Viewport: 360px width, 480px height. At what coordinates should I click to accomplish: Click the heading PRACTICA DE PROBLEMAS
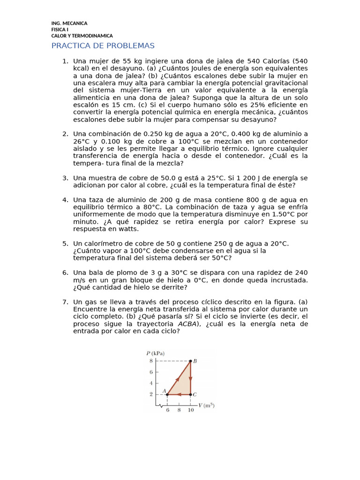tap(103, 45)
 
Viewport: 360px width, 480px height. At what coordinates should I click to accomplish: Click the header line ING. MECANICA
tap(69, 23)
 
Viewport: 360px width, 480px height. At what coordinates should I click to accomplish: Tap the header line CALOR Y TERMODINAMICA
tap(82, 36)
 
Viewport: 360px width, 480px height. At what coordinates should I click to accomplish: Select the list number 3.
tap(65, 178)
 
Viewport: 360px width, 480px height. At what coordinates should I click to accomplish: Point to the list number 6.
tap(65, 273)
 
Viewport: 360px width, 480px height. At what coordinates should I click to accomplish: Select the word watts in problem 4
tap(129, 229)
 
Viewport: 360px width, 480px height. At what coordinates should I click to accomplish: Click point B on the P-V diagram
tap(190, 361)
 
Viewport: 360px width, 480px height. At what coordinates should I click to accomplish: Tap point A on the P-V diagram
tap(167, 394)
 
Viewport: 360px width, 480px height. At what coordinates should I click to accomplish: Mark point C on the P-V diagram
tap(190, 394)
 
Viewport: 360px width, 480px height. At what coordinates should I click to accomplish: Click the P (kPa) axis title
tap(155, 353)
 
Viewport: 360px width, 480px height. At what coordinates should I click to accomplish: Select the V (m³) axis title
tap(206, 405)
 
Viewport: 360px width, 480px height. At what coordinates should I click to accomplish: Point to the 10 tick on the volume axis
tap(190, 410)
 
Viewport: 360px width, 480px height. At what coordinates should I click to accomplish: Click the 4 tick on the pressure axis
tap(151, 383)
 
